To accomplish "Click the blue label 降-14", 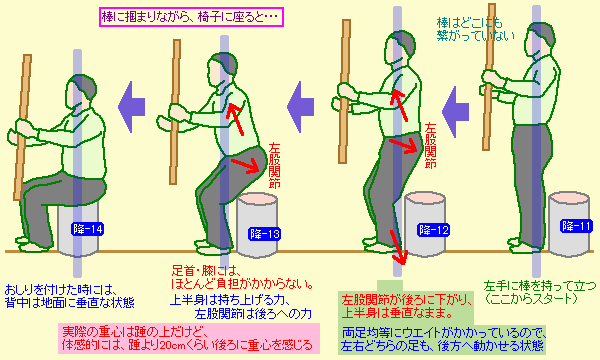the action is pos(88,229).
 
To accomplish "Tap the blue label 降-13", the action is pos(264,233).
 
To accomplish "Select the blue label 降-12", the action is pos(434,230).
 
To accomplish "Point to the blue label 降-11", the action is pos(576,226).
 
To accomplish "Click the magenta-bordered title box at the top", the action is pos(191,17).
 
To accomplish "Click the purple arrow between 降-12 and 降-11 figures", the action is pos(455,112).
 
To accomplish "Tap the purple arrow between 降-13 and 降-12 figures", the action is pos(301,107).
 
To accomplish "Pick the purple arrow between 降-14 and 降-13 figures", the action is pos(131,107).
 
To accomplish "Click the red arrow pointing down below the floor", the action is pos(397,248).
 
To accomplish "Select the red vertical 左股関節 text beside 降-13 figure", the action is pos(274,165).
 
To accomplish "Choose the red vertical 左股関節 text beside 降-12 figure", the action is pos(430,145).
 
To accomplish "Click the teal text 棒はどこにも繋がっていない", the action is pos(476,29).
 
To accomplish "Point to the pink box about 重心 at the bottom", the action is pos(189,338).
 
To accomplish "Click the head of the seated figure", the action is pos(81,92).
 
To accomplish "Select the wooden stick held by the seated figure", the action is pos(22,127).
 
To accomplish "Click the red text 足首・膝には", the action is pos(206,271).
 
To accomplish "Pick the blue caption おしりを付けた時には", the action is pos(60,289).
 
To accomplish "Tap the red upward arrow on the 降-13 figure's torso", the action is pos(235,118).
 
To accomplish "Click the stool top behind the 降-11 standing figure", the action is pos(569,199).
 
